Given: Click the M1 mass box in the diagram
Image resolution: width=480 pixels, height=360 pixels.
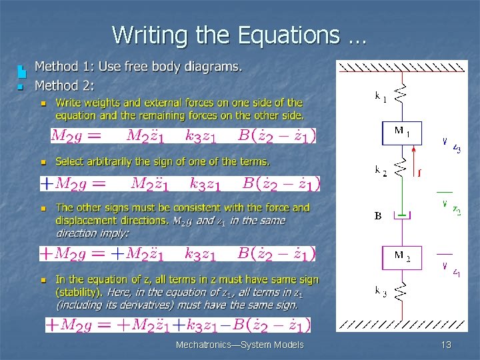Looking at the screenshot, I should pyautogui.click(x=401, y=133).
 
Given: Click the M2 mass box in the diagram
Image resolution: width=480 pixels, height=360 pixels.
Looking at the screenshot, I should pyautogui.click(x=401, y=258).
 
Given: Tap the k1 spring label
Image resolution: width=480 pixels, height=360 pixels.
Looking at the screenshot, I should pyautogui.click(x=380, y=96).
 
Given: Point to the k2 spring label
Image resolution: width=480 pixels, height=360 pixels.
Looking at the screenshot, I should pyautogui.click(x=380, y=170).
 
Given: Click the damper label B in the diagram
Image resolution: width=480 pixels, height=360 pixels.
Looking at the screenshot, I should pyautogui.click(x=378, y=216).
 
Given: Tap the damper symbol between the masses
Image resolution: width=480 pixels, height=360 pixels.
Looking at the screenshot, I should pyautogui.click(x=401, y=215).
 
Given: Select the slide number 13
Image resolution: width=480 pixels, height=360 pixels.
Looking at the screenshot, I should pyautogui.click(x=446, y=345).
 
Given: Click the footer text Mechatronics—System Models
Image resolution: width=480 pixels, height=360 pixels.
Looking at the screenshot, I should pyautogui.click(x=239, y=345).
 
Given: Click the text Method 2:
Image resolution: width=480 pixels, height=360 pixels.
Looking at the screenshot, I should pyautogui.click(x=65, y=85).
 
